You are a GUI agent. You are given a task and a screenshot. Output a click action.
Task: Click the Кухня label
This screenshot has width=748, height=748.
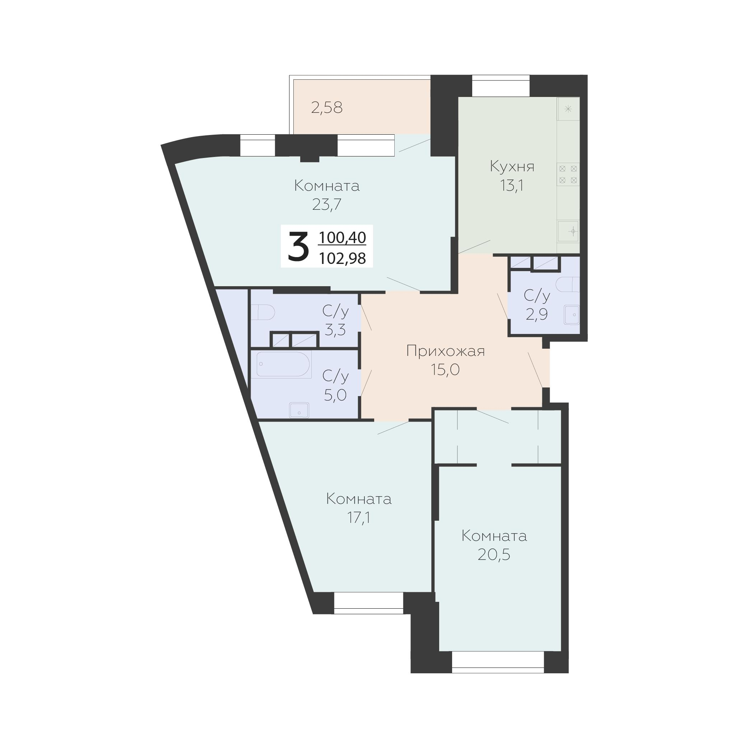512,167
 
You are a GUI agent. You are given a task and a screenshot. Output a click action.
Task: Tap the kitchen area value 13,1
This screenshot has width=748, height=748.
512,186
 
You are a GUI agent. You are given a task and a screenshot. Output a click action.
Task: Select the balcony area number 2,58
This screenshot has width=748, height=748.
327,108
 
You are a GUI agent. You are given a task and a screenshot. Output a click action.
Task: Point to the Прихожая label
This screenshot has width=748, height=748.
446,352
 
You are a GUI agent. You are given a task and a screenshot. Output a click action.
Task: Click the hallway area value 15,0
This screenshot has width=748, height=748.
445,370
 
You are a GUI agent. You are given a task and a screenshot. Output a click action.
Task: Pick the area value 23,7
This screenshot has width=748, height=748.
327,204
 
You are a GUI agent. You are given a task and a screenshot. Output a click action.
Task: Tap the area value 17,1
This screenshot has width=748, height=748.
358,517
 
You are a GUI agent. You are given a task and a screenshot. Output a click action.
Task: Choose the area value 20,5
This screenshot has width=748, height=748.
494,554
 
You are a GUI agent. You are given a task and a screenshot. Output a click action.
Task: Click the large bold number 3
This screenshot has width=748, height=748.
298,246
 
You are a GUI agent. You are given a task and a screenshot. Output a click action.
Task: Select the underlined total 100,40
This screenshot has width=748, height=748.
342,238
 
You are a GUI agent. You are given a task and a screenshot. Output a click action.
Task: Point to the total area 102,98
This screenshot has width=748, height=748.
342,258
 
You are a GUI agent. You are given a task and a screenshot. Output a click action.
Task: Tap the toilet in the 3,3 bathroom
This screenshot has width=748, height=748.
263,312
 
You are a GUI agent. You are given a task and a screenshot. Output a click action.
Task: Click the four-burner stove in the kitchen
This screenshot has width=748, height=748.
568,174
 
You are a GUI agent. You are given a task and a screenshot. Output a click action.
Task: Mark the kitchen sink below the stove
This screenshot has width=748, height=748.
568,232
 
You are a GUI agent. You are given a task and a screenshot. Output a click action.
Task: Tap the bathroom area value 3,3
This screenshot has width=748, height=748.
335,330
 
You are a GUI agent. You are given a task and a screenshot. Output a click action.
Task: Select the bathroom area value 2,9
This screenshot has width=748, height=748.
536,314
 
